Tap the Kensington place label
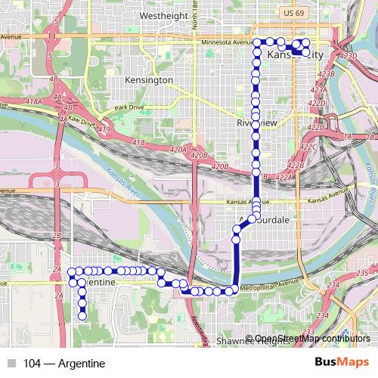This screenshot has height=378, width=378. [x=150, y=79]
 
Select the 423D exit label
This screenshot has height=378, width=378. [x=349, y=55]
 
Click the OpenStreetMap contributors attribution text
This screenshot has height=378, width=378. [x=307, y=338]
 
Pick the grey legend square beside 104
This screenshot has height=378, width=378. [x=10, y=364]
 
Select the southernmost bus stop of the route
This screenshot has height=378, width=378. [x=82, y=315]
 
